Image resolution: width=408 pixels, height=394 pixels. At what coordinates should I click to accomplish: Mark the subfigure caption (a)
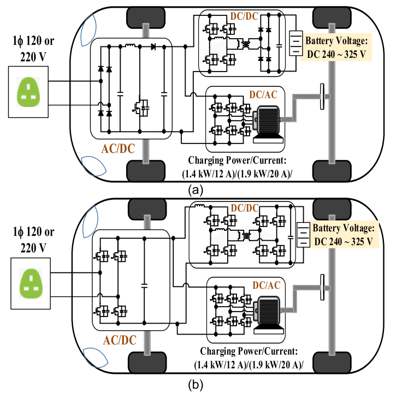pyautogui.click(x=196, y=190)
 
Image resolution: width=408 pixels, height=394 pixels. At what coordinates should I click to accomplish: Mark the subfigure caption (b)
pyautogui.click(x=196, y=385)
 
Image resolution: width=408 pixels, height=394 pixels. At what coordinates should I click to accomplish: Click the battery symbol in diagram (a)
pyautogui.click(x=295, y=45)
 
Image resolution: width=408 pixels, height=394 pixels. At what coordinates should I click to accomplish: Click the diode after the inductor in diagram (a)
pyautogui.click(x=153, y=46)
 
